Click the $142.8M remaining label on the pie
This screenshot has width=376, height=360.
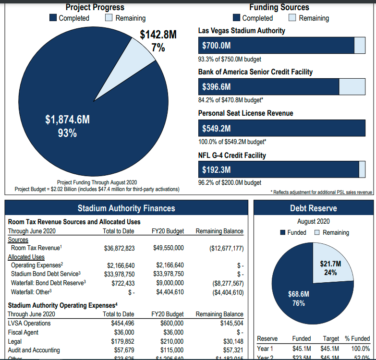point(158,35)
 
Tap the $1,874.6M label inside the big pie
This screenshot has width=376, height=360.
point(68,120)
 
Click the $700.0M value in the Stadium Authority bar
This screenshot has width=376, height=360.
point(217,46)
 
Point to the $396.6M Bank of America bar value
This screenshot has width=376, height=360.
point(217,87)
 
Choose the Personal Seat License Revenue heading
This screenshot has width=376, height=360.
point(245,113)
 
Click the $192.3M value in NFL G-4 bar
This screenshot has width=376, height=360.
point(217,169)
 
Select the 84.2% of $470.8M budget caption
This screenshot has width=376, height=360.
point(231,100)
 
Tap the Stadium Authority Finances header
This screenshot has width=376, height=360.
point(126,208)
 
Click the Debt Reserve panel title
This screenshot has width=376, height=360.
point(313,208)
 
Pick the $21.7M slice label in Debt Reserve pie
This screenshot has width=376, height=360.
point(330,268)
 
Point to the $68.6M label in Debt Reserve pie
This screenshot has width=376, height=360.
point(298,298)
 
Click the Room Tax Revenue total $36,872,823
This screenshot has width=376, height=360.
point(119,249)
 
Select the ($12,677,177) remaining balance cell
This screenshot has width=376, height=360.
point(227,249)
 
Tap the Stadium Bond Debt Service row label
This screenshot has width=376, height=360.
point(43,274)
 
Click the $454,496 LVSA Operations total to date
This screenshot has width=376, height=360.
point(122,324)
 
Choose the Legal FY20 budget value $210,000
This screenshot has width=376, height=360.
point(170,341)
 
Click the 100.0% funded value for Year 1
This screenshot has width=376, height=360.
point(360,349)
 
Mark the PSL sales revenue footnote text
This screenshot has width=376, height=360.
point(322,192)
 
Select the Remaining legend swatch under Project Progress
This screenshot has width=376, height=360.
point(109,18)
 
